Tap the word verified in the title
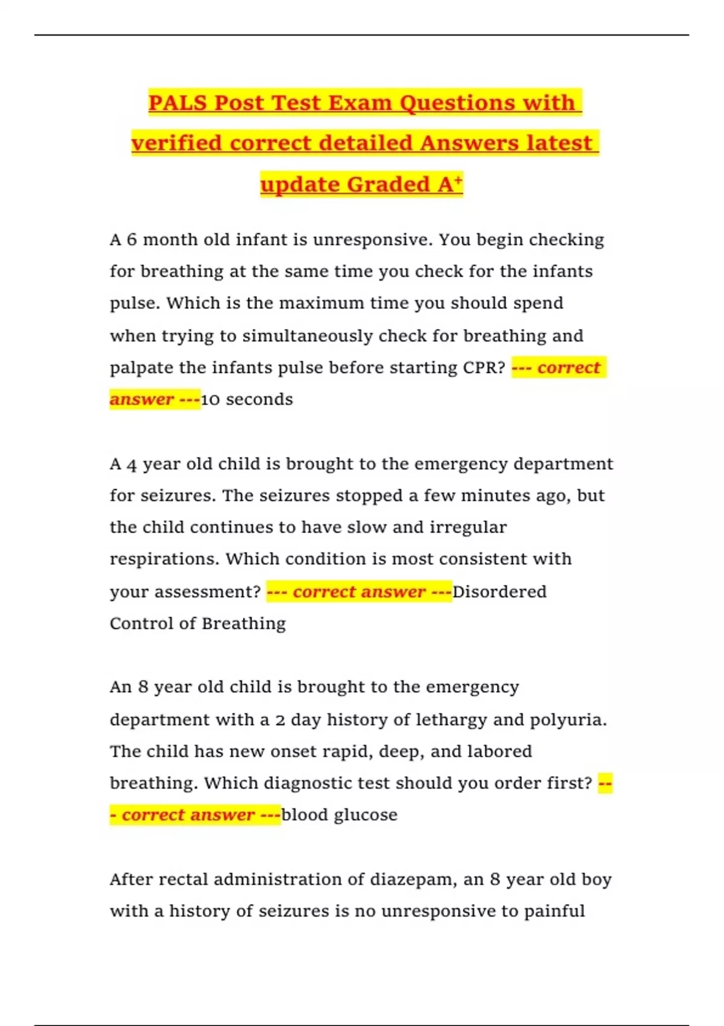point(177,143)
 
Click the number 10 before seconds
point(211,400)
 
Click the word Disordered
point(500,591)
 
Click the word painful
point(554,911)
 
